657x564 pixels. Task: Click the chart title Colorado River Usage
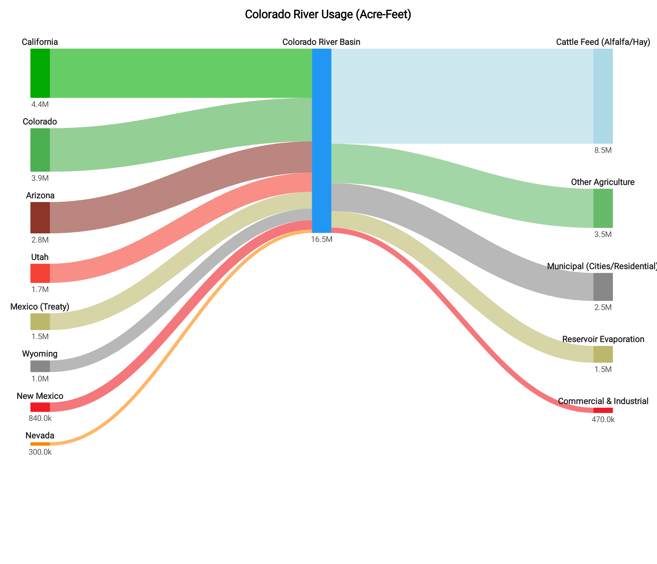(x=328, y=15)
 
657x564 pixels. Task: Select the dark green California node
(x=40, y=73)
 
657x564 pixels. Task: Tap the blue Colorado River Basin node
(x=322, y=140)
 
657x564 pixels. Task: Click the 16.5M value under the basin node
(x=322, y=239)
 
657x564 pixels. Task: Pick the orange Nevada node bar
(x=40, y=444)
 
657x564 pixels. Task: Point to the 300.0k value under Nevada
(x=40, y=452)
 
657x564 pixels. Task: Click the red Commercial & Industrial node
(x=603, y=410)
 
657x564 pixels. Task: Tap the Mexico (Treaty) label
(x=40, y=307)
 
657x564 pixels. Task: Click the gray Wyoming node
(x=40, y=366)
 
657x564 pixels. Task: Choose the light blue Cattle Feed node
(x=603, y=96)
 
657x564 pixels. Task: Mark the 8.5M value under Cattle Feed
(x=603, y=150)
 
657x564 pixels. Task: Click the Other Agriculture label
(x=603, y=182)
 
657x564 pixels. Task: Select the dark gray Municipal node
(x=603, y=287)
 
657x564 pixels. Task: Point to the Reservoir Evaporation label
(x=603, y=339)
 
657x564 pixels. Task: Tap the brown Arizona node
(x=40, y=218)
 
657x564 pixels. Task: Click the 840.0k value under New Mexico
(x=40, y=418)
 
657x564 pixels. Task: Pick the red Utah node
(x=40, y=273)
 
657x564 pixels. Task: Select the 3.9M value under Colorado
(x=40, y=178)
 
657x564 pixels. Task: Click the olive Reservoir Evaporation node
(x=603, y=354)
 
